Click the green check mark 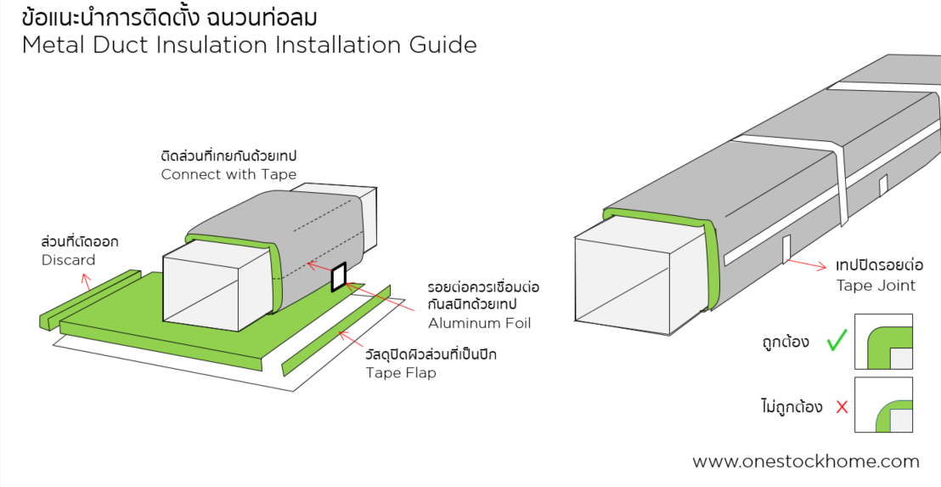click(837, 342)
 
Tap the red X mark click(842, 407)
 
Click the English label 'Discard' click(68, 260)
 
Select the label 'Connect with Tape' click(228, 174)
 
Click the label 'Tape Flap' click(401, 372)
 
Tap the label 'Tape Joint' click(876, 286)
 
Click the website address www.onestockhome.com click(806, 462)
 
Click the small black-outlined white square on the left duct click(339, 277)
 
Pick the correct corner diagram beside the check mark click(883, 342)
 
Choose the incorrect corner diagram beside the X click(883, 405)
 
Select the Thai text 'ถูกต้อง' click(786, 343)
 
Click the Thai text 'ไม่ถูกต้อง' click(792, 407)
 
